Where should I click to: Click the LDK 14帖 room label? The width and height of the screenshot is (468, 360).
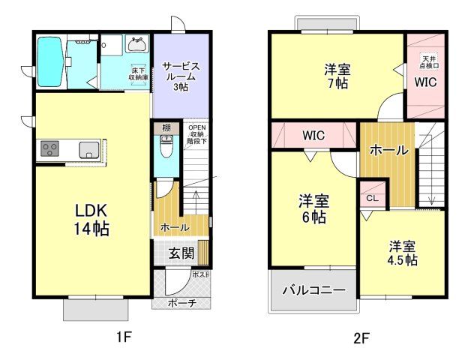coord(91,218)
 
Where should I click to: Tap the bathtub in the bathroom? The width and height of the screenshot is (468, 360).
coord(51,61)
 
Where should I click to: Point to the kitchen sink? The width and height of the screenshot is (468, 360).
coord(88,149)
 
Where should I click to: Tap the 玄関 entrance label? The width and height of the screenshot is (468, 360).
coord(178,252)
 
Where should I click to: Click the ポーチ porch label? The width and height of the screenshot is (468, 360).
coord(181,303)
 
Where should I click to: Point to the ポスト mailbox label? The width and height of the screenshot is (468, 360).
coord(201,274)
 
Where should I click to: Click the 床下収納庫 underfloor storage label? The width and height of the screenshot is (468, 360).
coord(138,73)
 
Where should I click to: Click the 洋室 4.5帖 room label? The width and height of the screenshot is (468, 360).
coord(403,253)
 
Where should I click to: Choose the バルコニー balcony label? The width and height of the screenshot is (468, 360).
coord(313,289)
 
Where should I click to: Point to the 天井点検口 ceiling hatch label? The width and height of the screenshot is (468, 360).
coord(429,61)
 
